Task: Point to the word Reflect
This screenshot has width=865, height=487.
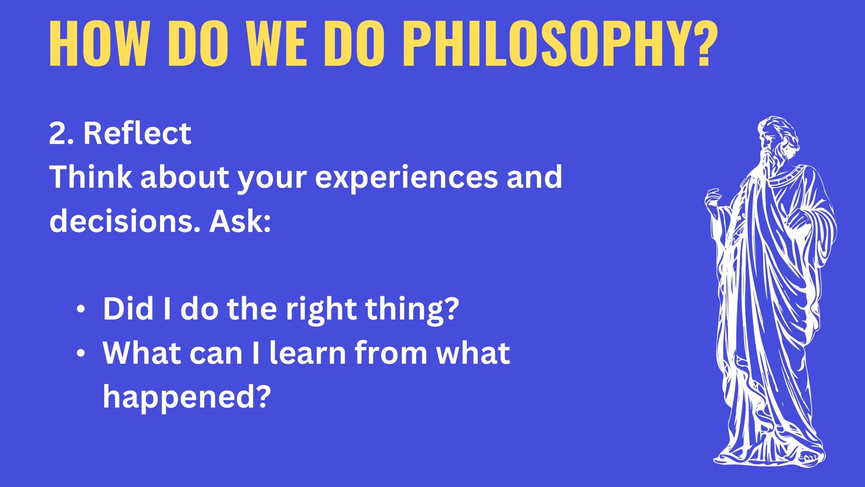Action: [x=137, y=133]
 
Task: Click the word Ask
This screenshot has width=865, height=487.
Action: [x=239, y=221]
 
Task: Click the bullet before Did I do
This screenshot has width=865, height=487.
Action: [x=80, y=310]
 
